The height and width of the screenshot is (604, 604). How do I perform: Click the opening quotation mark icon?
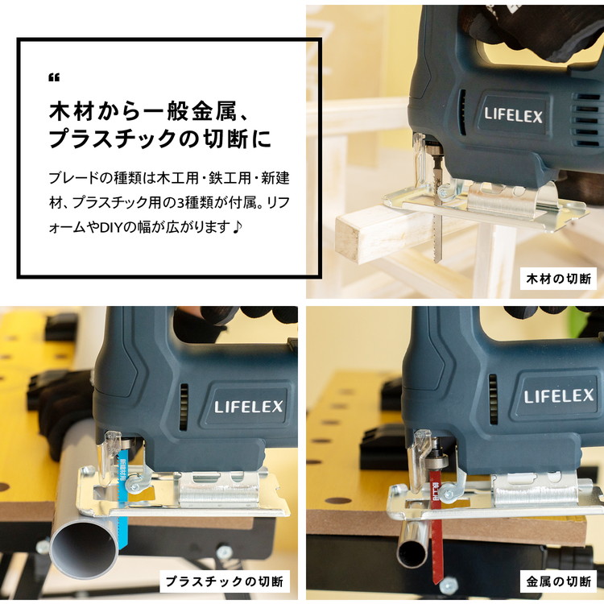[54, 77]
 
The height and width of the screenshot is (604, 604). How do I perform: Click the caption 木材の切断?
[558, 279]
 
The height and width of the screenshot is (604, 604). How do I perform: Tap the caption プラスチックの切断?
[224, 581]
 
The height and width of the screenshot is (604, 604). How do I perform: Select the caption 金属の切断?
[558, 581]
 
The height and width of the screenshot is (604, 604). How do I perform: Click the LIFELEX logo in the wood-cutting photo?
[514, 115]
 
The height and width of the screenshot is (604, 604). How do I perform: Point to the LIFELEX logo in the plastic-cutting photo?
[249, 407]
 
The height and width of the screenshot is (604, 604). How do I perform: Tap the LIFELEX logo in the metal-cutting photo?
[559, 396]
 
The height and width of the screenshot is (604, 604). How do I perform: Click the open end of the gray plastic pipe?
[84, 547]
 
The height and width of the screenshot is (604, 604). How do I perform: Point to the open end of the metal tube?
[412, 552]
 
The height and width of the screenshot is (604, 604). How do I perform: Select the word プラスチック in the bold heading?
[113, 139]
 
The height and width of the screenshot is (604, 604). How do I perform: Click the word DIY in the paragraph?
[111, 227]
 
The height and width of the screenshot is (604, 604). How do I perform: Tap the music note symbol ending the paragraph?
[238, 226]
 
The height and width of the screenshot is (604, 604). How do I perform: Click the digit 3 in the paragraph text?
[180, 203]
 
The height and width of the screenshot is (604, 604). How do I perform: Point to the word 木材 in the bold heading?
[72, 111]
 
